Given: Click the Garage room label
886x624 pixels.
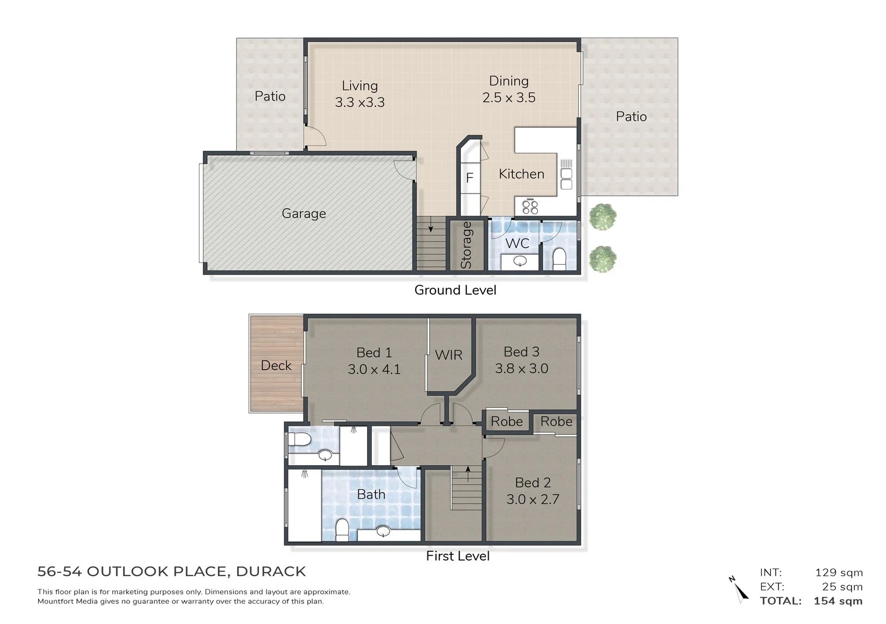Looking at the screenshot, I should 304,213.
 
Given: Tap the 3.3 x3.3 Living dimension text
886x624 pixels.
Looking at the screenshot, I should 359,102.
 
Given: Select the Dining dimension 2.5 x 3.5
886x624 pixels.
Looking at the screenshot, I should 509,98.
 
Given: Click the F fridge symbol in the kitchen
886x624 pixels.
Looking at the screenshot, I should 470,178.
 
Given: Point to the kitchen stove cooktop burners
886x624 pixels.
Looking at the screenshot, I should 530,206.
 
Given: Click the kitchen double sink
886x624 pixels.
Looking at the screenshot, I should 566,179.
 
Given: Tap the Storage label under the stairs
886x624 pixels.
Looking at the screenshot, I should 466,245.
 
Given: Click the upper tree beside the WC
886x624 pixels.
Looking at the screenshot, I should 603,217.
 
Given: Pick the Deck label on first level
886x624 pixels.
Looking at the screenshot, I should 276,365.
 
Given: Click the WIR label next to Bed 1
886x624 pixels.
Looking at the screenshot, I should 448,355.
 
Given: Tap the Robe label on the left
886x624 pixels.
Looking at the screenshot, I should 507,422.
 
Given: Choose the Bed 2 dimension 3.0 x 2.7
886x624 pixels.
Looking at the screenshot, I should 533,499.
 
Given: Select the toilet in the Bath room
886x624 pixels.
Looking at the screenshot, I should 342,529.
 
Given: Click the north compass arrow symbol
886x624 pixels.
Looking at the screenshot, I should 739,589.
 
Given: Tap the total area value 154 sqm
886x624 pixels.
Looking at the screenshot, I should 837,601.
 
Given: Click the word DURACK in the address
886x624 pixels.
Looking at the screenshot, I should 271,571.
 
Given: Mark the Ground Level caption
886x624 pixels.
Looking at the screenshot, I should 455,290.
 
